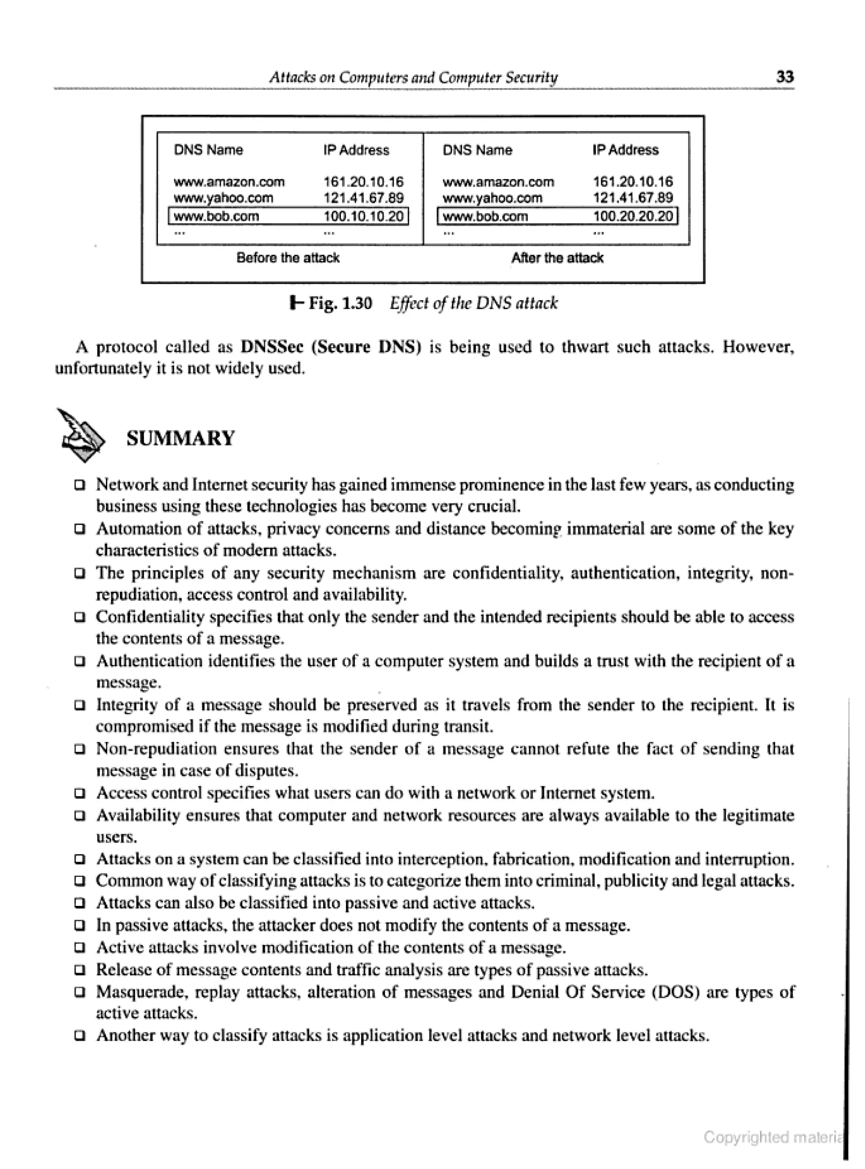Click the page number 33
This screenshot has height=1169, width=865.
click(784, 77)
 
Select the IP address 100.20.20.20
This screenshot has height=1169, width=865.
click(633, 216)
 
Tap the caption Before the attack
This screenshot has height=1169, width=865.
click(288, 258)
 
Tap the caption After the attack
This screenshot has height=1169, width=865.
click(557, 258)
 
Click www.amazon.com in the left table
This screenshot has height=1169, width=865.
click(229, 182)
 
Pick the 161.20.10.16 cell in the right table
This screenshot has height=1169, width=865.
click(633, 182)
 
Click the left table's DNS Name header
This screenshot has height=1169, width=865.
click(208, 150)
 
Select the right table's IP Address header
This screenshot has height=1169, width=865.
click(625, 150)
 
